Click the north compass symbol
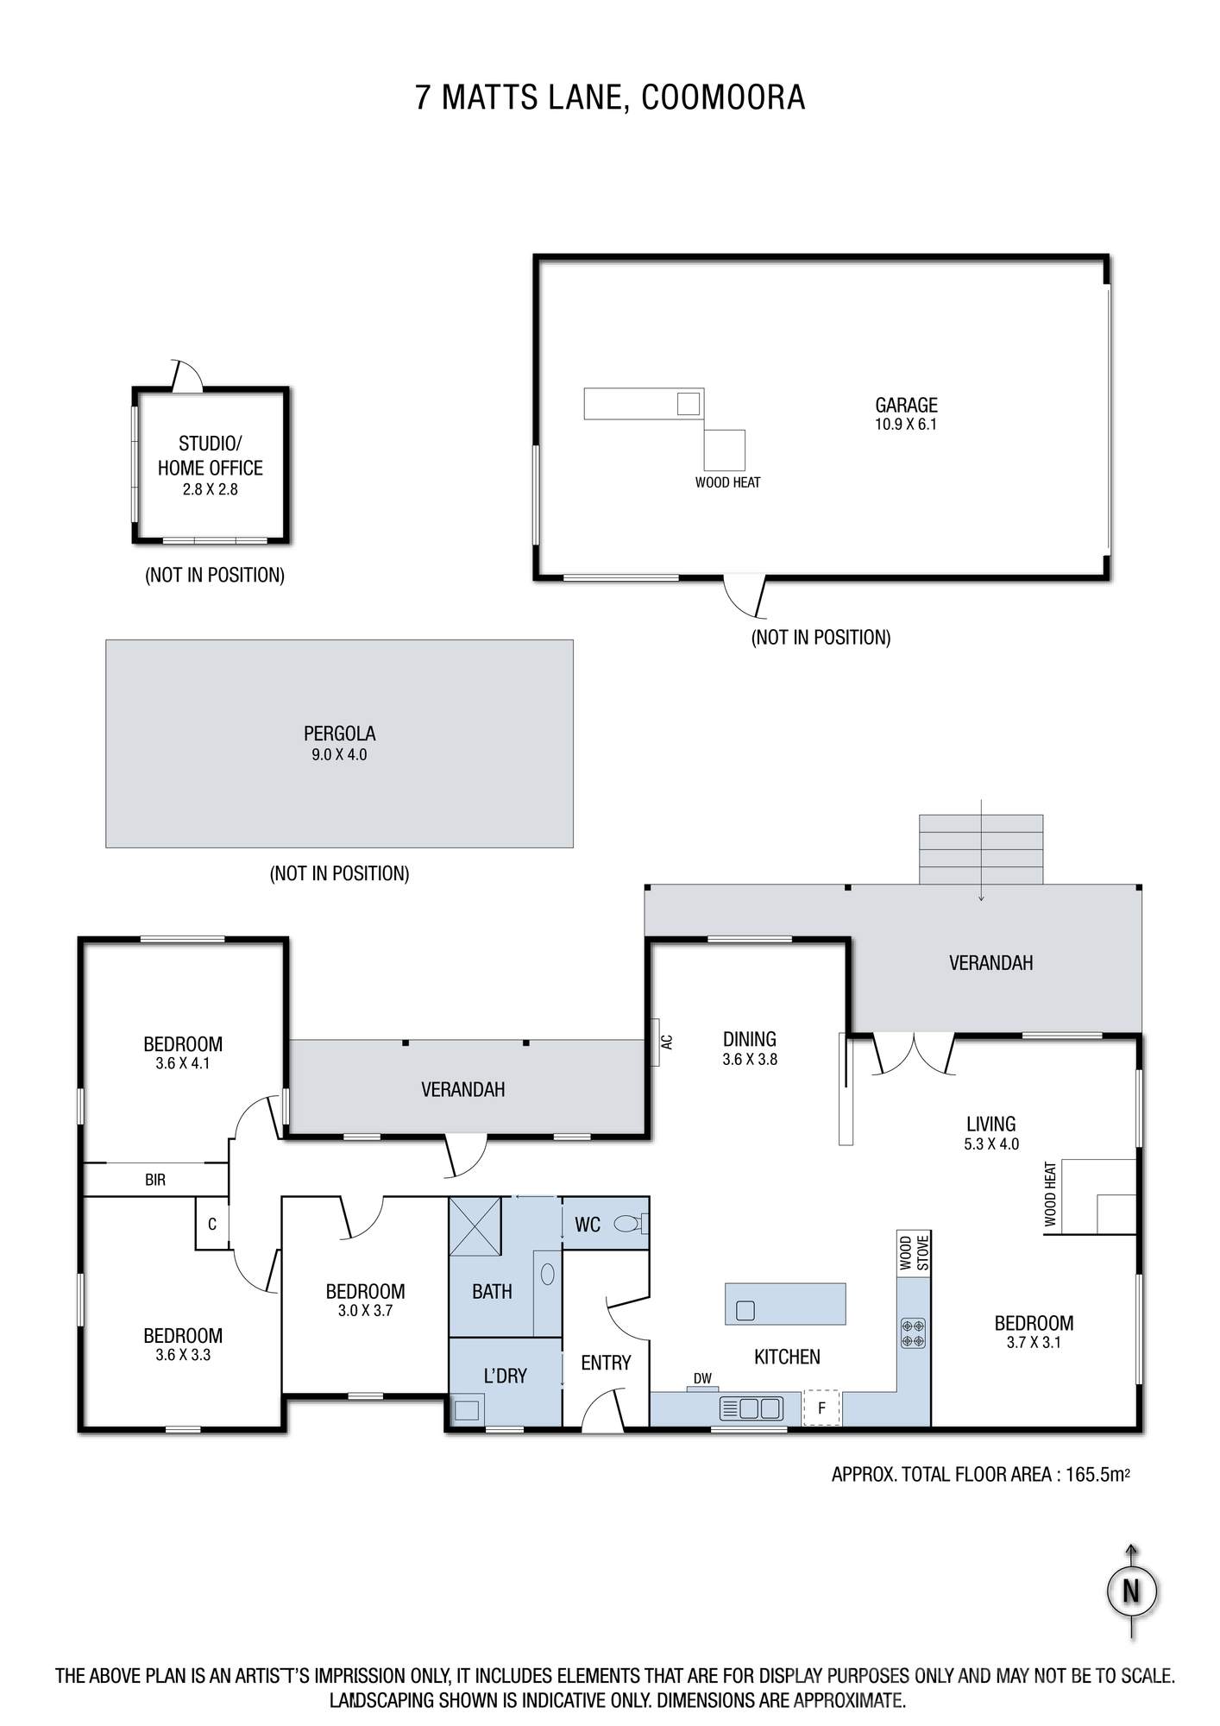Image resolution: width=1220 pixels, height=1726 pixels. pos(1131,1591)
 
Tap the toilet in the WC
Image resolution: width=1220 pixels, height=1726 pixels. pos(631,1223)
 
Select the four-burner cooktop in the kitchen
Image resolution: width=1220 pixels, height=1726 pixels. pos(913,1332)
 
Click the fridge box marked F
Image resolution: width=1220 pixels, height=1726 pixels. pos(821,1408)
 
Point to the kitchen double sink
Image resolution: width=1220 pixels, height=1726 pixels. pos(750,1408)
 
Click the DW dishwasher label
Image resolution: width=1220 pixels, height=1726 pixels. pos(702,1379)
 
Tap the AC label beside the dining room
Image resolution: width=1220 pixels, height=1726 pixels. pos(666,1042)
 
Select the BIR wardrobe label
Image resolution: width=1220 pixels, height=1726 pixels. pos(155,1180)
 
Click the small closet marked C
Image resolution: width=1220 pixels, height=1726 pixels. pos(211,1223)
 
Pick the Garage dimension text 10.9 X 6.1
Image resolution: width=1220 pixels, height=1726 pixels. pos(905,424)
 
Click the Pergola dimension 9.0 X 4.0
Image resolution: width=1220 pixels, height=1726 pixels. pos(339,754)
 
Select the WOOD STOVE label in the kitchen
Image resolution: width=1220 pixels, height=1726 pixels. pos(914,1253)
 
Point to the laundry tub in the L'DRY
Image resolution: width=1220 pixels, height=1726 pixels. pos(467,1411)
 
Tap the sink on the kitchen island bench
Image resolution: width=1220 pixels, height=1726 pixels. pos(745,1310)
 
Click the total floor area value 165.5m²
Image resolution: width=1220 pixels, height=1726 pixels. pos(1097,1474)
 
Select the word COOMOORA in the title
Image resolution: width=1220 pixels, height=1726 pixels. pos(723,98)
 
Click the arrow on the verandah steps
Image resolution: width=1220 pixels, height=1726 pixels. pos(981,850)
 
